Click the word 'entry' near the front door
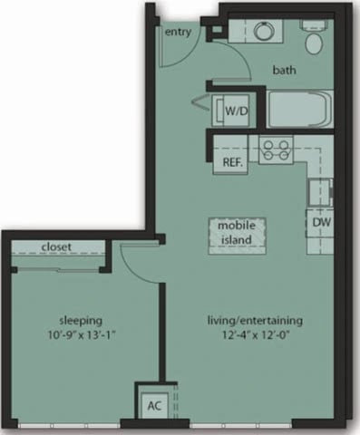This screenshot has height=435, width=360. pyautogui.click(x=178, y=33)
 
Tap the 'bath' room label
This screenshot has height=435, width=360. pyautogui.click(x=287, y=69)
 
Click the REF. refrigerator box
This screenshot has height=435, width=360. pyautogui.click(x=233, y=163)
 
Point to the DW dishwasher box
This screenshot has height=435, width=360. pyautogui.click(x=320, y=221)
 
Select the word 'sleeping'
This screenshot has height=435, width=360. pyautogui.click(x=80, y=320)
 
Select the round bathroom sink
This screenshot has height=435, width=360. pyautogui.click(x=265, y=32)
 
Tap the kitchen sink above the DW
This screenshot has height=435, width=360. pyautogui.click(x=318, y=191)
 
